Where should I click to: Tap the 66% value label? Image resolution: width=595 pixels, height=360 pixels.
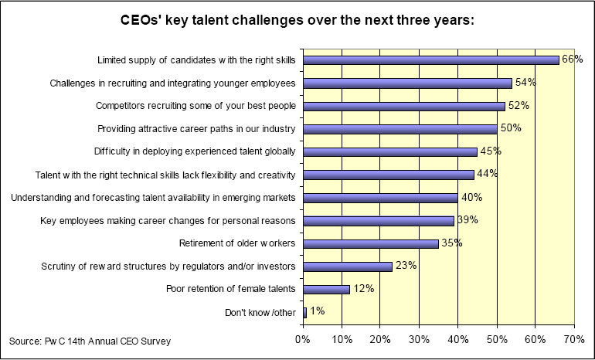pos(572,59)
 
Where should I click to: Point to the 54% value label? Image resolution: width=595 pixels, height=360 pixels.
pos(525,83)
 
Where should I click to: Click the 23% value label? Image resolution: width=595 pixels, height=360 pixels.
pos(406,266)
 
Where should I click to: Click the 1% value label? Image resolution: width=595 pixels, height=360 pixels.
pos(317,311)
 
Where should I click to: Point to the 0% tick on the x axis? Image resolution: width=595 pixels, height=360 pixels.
pos(303,338)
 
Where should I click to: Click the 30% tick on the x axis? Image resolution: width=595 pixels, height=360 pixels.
pos(419,338)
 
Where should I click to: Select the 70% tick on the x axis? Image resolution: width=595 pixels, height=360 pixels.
pos(573,338)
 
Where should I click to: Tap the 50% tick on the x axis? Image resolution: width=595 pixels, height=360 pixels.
pos(496,338)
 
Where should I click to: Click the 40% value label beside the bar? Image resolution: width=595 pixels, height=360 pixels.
pos(471,197)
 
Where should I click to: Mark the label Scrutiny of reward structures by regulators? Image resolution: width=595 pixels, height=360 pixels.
pos(168,267)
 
